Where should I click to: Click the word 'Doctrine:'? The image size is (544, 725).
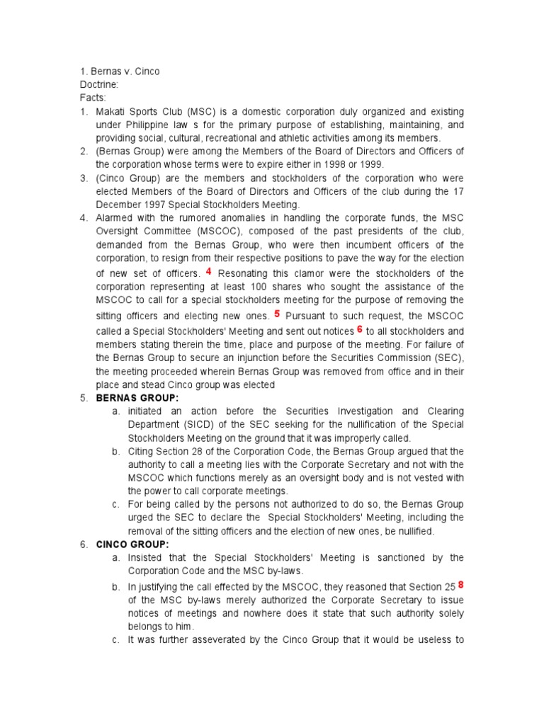click(98, 84)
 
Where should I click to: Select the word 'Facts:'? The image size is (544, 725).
click(92, 97)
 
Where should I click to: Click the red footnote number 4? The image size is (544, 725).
click(208, 271)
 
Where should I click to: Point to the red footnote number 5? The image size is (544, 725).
click(277, 312)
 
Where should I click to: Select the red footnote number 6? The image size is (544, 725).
click(360, 329)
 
